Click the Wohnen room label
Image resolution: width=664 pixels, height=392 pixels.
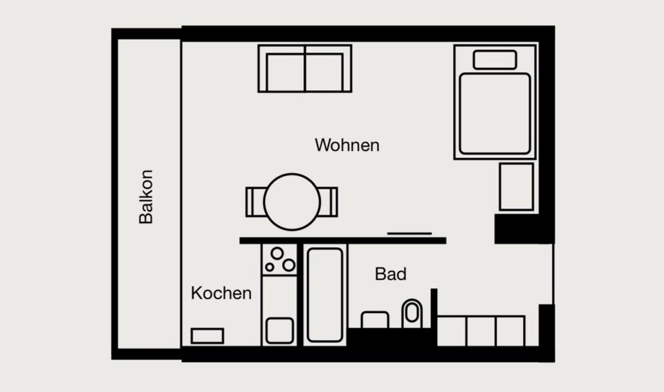click(x=347, y=145)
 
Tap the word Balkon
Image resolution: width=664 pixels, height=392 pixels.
click(x=146, y=197)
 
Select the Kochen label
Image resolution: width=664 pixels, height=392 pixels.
click(x=221, y=293)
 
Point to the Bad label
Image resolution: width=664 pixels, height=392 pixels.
click(x=390, y=274)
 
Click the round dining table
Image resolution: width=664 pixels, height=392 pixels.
click(x=292, y=202)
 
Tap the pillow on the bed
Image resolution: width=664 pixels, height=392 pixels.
click(x=495, y=60)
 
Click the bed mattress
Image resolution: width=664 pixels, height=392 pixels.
click(x=495, y=114)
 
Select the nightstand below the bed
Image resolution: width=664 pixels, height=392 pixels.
click(x=516, y=186)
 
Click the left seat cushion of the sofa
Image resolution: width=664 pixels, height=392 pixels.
click(x=286, y=71)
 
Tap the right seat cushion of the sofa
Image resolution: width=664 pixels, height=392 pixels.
click(x=324, y=71)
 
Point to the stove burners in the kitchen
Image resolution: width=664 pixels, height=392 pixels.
click(x=279, y=260)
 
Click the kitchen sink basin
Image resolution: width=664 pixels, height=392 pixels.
click(x=279, y=330)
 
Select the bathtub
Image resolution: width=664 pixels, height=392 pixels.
click(x=324, y=294)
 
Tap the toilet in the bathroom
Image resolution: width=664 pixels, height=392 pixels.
click(x=412, y=313)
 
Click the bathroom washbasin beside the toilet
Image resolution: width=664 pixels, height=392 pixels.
click(x=375, y=319)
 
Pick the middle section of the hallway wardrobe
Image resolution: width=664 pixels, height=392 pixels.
click(x=481, y=330)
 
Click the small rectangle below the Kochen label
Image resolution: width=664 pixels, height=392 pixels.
click(x=207, y=336)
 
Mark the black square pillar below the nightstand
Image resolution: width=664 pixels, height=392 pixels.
click(x=515, y=228)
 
